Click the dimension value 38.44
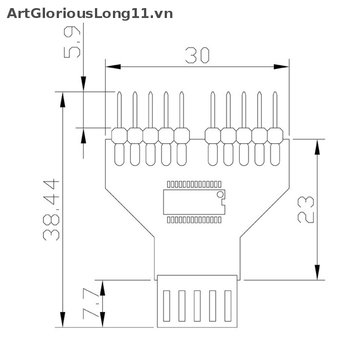(51, 210)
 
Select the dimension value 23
(306, 209)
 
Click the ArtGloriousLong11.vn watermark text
(90, 13)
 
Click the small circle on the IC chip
(220, 194)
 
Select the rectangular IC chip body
(191, 202)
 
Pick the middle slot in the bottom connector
(197, 306)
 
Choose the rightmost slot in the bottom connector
(227, 306)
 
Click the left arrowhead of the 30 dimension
(112, 67)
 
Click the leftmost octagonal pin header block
(119, 135)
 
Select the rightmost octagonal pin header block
(275, 135)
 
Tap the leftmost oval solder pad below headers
(119, 154)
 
